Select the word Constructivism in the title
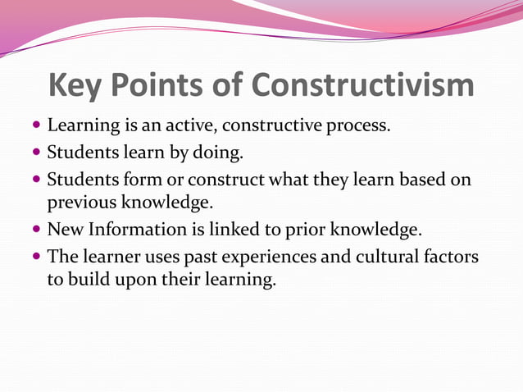click(x=363, y=86)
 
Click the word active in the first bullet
click(x=191, y=127)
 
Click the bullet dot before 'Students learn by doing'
click(x=37, y=153)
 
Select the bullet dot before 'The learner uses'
click(x=37, y=257)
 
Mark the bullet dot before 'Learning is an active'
click(x=37, y=128)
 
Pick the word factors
click(x=450, y=256)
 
